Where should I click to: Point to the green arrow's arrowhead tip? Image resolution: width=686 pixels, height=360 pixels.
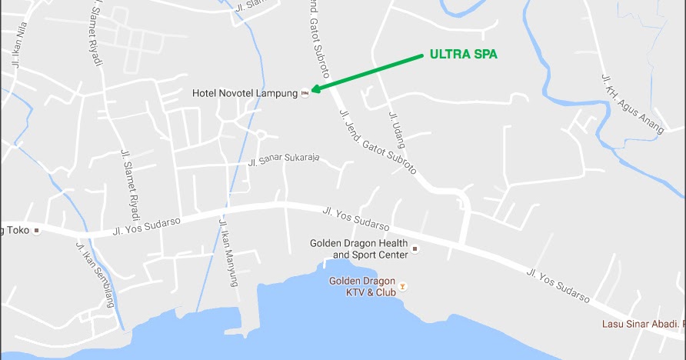tap(311, 92)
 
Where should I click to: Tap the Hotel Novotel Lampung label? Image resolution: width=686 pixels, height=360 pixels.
tap(245, 93)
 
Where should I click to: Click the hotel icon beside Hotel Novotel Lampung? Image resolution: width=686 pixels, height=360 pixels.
tap(305, 93)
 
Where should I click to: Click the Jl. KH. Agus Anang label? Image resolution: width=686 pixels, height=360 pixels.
tap(631, 104)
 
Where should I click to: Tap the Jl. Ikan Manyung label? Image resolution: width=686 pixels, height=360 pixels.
tap(228, 253)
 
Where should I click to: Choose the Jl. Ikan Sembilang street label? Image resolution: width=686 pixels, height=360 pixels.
tap(95, 274)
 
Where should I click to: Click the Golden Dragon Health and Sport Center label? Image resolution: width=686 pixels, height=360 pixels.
tap(358, 248)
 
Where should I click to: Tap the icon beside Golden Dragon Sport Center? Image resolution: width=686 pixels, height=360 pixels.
tap(415, 248)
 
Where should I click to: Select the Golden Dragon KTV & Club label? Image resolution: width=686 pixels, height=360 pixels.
tap(362, 286)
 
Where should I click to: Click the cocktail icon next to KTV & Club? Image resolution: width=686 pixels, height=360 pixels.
tap(402, 286)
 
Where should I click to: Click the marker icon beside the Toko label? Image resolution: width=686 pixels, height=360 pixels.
tap(36, 230)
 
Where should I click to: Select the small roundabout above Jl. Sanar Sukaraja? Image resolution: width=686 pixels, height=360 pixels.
tap(261, 135)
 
